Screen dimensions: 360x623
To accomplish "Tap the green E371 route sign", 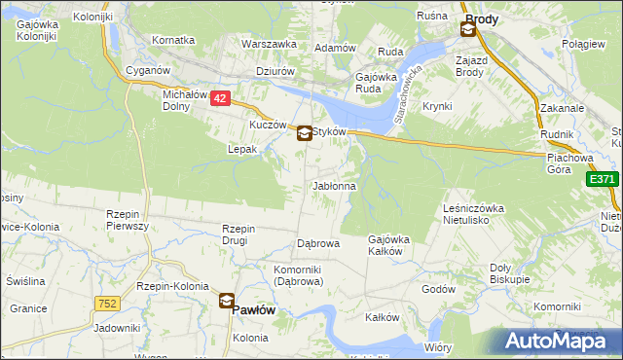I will pyautogui.click(x=603, y=180).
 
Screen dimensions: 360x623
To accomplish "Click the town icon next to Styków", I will pyautogui.click(x=305, y=134).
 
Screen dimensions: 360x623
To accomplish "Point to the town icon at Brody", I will pyautogui.click(x=468, y=30).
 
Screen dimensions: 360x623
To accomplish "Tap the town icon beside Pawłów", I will pyautogui.click(x=226, y=302).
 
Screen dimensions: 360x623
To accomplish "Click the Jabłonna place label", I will pyautogui.click(x=334, y=185).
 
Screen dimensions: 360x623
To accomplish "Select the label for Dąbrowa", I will pyautogui.click(x=317, y=243).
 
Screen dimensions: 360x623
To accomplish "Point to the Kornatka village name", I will pyautogui.click(x=173, y=41).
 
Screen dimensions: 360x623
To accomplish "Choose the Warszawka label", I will pyautogui.click(x=269, y=45).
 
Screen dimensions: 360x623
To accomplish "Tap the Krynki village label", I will pyautogui.click(x=438, y=105).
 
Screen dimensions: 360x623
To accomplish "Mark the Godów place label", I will pyautogui.click(x=439, y=289).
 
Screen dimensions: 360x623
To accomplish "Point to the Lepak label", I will pyautogui.click(x=241, y=149).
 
